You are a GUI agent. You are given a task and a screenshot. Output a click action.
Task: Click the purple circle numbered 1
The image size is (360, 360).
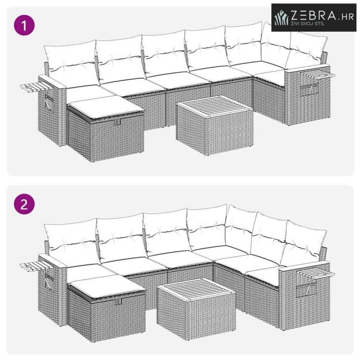coord(25,25)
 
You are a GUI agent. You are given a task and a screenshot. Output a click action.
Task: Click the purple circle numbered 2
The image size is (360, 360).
coord(25,204)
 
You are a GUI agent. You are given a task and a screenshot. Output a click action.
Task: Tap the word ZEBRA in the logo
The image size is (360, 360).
coord(314,16)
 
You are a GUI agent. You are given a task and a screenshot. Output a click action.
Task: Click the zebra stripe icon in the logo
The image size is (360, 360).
coord(282,17)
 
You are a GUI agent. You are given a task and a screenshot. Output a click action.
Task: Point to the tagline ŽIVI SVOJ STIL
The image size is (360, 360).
coord(308,23)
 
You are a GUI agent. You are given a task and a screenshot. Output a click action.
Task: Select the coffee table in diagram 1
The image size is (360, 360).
coord(214,125)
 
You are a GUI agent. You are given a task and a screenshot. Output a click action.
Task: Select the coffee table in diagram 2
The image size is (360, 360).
coord(196,309)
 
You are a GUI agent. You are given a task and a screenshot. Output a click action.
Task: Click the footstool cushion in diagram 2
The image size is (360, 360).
coord(107,286)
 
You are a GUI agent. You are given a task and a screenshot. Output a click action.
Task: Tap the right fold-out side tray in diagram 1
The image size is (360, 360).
coord(318,76)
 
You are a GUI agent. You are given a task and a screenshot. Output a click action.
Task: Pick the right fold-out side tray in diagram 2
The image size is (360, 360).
coord(316,273)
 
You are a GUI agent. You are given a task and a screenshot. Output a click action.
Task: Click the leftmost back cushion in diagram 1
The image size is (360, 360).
coord(71,63)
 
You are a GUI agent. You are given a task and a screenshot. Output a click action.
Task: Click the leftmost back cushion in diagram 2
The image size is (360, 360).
coord(72,242)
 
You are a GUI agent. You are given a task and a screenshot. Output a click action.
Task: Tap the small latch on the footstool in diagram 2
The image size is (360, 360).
coord(118,302)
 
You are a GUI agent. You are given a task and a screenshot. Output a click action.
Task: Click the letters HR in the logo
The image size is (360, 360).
coord(347,17)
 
